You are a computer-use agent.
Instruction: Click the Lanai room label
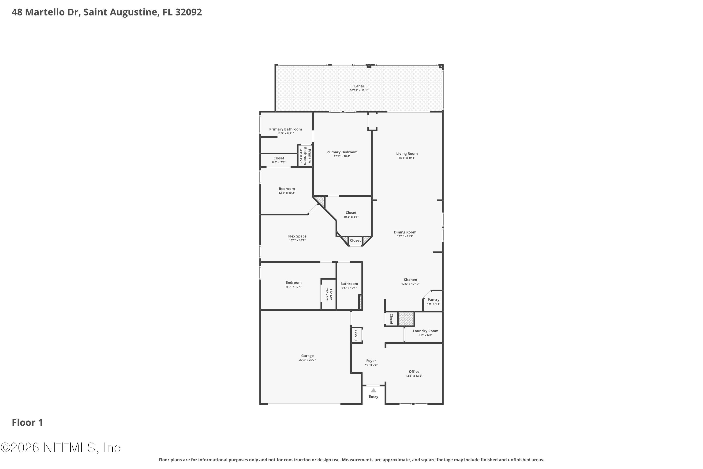tap(359, 86)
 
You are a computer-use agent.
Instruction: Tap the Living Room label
tap(407, 153)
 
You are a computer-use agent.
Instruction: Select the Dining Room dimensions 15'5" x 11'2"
tap(405, 236)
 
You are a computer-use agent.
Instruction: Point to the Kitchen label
tap(410, 280)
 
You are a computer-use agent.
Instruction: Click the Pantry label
tap(433, 299)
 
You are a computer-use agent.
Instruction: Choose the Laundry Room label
tap(425, 331)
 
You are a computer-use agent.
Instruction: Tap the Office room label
tap(414, 371)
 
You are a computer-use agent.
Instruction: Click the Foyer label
tap(371, 361)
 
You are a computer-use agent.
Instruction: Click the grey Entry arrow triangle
tap(373, 390)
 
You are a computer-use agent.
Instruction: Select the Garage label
tap(307, 356)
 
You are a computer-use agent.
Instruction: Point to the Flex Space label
tap(297, 236)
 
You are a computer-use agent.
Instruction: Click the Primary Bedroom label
tap(342, 152)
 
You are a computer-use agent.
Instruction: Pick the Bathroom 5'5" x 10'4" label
tap(349, 284)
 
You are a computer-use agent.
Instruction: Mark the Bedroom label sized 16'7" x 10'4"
tap(294, 282)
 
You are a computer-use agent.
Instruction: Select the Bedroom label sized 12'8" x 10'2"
tap(287, 189)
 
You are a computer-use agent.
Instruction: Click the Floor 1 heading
tap(27, 422)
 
